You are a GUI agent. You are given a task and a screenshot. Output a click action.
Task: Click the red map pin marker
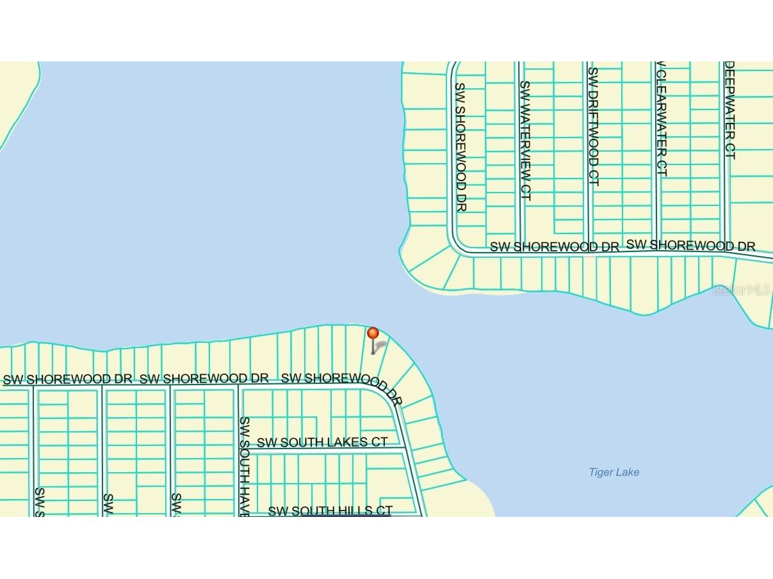point(373,334)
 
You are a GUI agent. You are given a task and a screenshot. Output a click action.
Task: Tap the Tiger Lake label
point(614,472)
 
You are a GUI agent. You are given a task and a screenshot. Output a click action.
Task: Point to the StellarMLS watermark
point(742,290)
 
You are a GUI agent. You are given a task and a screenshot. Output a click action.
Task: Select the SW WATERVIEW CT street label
point(525,140)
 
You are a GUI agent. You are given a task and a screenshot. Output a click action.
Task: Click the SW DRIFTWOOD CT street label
point(592,127)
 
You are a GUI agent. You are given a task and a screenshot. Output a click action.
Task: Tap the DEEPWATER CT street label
point(729,110)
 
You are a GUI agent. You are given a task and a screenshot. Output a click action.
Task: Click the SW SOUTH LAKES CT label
point(322,442)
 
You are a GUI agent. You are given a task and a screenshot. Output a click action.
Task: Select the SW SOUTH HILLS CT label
point(330,511)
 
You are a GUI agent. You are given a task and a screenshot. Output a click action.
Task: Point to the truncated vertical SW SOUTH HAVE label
point(244,467)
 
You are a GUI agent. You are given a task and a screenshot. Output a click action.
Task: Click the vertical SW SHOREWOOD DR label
point(460,147)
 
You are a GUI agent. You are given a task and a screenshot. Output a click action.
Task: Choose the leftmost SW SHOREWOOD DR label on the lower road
point(67,379)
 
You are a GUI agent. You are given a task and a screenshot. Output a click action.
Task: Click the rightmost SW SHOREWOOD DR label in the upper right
point(690,245)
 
